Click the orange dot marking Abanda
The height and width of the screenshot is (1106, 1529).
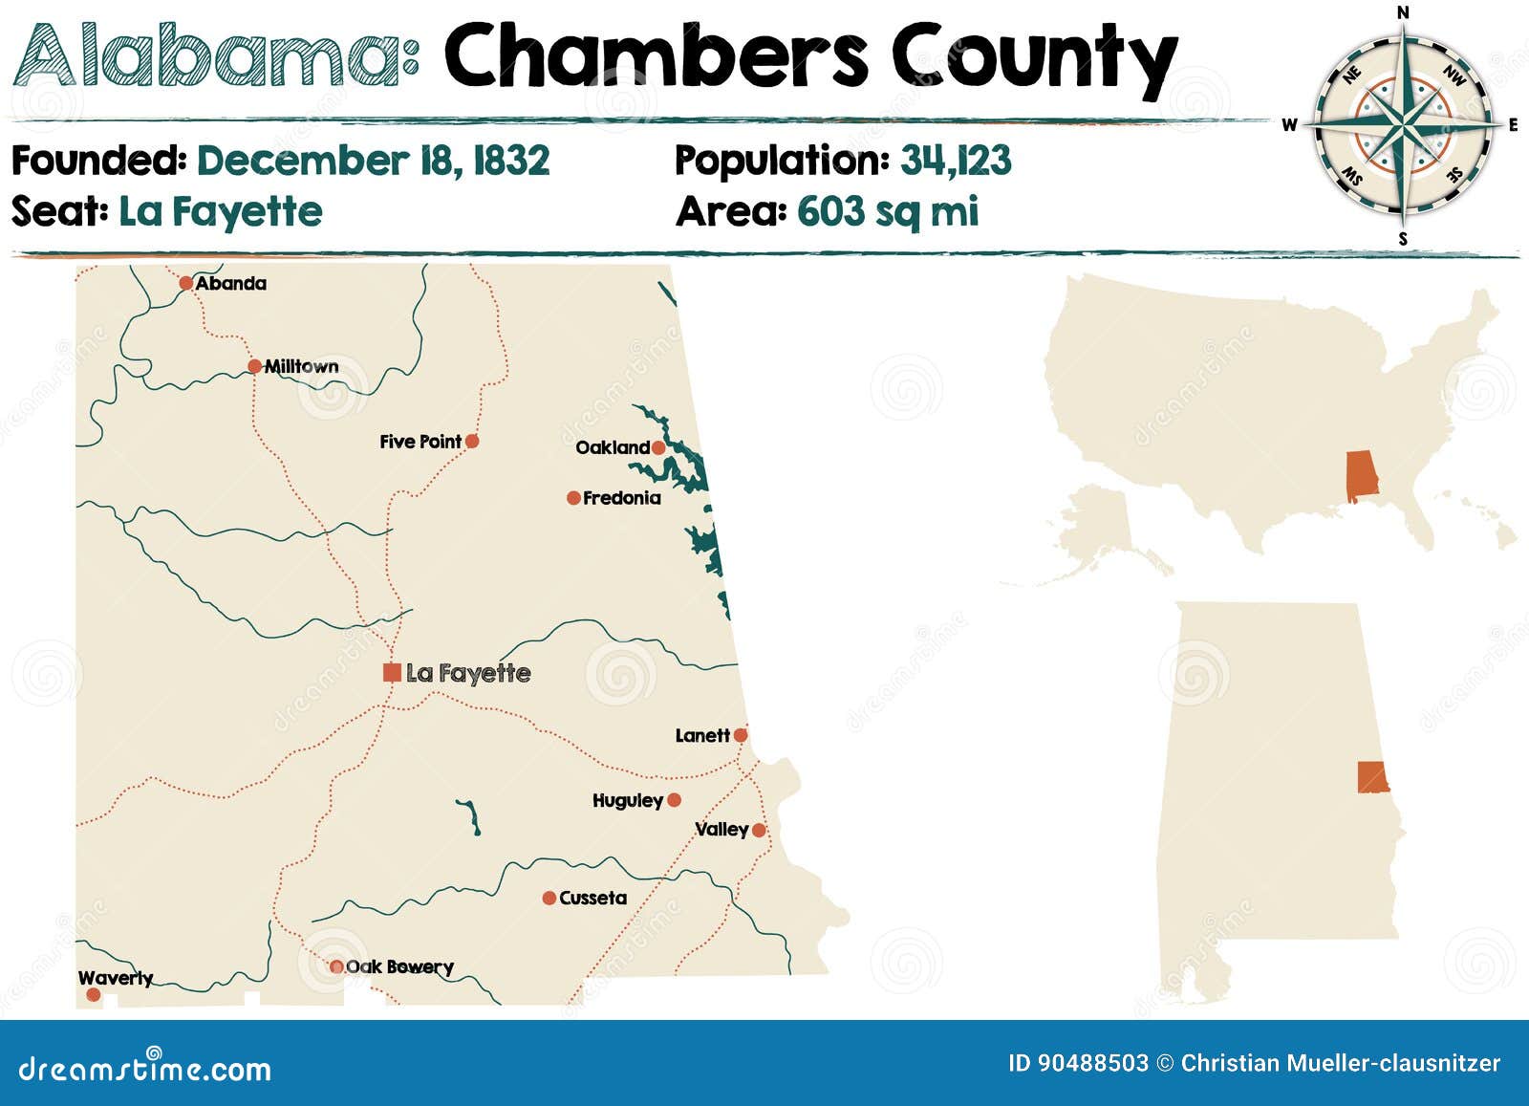pyautogui.click(x=185, y=283)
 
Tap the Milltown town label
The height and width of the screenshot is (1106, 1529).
pyautogui.click(x=301, y=366)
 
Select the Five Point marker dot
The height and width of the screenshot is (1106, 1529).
pyautogui.click(x=471, y=441)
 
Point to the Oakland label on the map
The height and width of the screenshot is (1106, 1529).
pyautogui.click(x=613, y=447)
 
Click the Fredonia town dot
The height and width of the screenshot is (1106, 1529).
pyautogui.click(x=573, y=498)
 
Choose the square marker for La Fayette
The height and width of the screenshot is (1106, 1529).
pyautogui.click(x=392, y=672)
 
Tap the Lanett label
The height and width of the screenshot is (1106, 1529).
pyautogui.click(x=702, y=735)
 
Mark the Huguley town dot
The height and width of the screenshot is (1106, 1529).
pyautogui.click(x=674, y=800)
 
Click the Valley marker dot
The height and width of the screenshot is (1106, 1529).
pyautogui.click(x=759, y=830)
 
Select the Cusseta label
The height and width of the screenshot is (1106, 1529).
pyautogui.click(x=593, y=898)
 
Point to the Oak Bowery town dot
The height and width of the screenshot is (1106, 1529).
pyautogui.click(x=336, y=966)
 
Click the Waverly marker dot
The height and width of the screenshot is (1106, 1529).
pyautogui.click(x=93, y=994)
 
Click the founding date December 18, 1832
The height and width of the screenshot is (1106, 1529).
pyautogui.click(x=373, y=161)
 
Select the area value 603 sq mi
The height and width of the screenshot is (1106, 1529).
pyautogui.click(x=888, y=211)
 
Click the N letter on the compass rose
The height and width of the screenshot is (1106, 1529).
pyautogui.click(x=1403, y=12)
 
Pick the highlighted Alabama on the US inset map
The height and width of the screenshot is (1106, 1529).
pyautogui.click(x=1362, y=477)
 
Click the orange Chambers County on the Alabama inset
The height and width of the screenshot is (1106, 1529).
pyautogui.click(x=1372, y=777)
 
